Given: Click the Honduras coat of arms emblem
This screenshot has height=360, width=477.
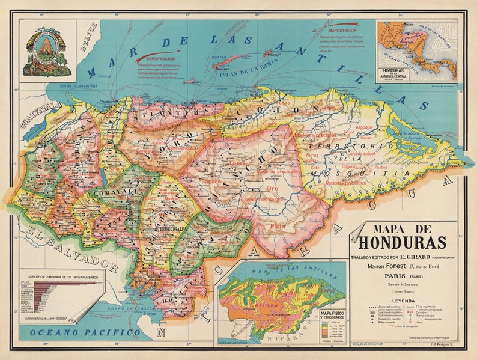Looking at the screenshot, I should click(x=47, y=51).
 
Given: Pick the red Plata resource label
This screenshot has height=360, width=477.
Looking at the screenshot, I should click(x=278, y=227).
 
